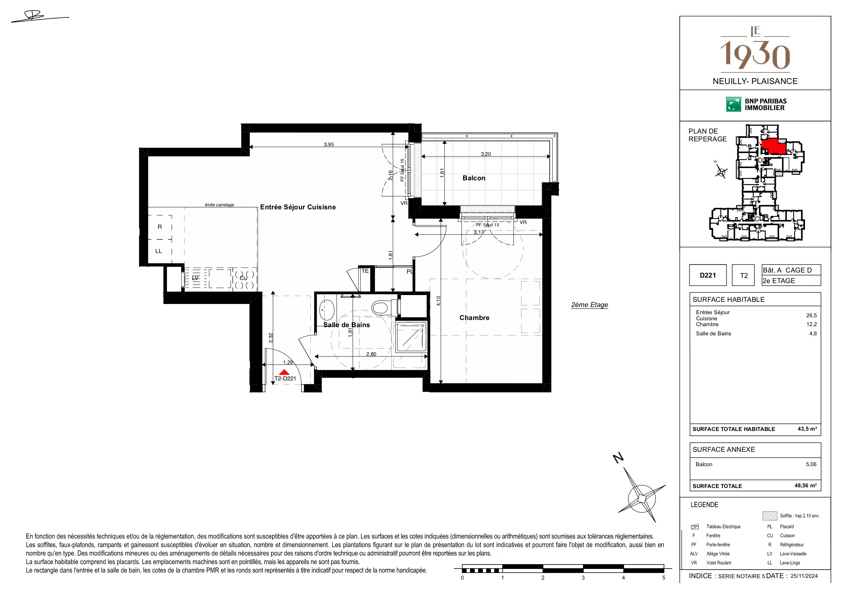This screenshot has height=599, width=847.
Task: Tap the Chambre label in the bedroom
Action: pos(474,318)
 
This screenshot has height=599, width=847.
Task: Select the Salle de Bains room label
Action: pos(347,325)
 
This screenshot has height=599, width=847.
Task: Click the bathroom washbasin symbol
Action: pos(326,310)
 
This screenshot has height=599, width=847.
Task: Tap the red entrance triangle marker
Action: pos(284,372)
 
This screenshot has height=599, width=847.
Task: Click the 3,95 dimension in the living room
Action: pos(329,145)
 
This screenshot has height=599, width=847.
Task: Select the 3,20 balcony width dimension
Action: pos(486,154)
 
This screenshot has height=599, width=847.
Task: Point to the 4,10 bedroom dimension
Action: pos(438,301)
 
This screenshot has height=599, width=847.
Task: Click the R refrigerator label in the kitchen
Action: pos(160,227)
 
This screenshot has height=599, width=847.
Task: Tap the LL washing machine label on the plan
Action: pos(159,251)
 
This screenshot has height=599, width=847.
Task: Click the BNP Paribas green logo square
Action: pos(733,105)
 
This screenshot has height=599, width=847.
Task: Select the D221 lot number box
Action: pos(708,275)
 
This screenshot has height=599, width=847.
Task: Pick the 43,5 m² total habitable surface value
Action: pos(807,429)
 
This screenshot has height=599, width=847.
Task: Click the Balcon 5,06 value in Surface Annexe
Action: pos(811,464)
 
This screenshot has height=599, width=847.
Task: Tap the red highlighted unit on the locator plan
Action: pos(774,147)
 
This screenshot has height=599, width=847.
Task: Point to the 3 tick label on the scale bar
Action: pos(583,577)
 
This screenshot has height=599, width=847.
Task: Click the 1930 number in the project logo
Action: pos(755,55)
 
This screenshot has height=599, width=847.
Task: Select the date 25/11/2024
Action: pos(804,576)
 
